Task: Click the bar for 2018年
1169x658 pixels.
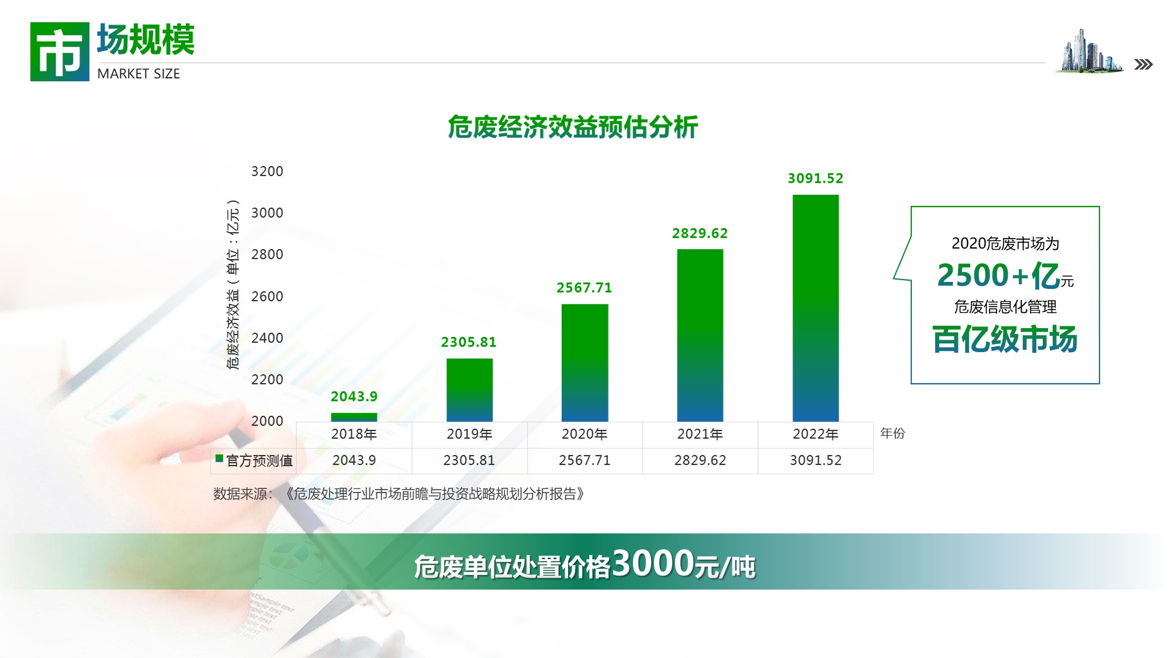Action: (x=354, y=417)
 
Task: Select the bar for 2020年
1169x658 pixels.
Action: (x=584, y=363)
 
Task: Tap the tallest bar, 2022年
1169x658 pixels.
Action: (x=815, y=308)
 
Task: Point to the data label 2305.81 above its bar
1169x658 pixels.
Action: (x=469, y=342)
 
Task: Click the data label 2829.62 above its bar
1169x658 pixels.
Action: (x=700, y=233)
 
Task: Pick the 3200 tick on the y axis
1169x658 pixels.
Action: (x=267, y=171)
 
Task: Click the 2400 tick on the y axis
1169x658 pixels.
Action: (x=267, y=338)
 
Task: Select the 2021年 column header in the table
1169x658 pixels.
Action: (x=700, y=434)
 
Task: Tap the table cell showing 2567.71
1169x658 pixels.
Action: (x=584, y=460)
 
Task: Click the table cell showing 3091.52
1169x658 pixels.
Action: (x=815, y=460)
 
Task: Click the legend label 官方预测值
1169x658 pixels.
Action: (x=260, y=461)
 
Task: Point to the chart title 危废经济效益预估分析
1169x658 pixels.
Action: (x=573, y=127)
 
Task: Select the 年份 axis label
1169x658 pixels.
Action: (x=893, y=433)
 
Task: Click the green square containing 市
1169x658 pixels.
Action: (x=60, y=51)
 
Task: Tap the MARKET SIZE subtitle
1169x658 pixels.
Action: (x=139, y=74)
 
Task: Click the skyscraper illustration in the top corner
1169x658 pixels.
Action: (x=1090, y=51)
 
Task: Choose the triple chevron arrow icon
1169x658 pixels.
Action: (x=1143, y=64)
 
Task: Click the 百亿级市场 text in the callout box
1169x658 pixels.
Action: (x=1005, y=339)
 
